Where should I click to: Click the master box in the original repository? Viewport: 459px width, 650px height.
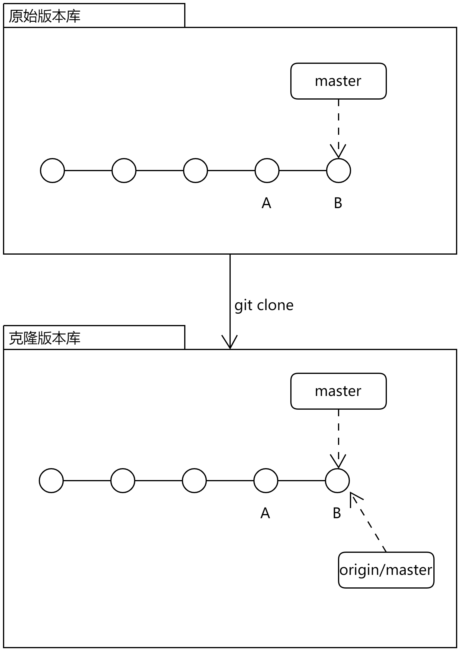coord(338,81)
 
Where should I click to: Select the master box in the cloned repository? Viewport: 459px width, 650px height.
coord(338,391)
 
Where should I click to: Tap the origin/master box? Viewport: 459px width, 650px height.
coord(386,570)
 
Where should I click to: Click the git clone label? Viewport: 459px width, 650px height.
coord(264,305)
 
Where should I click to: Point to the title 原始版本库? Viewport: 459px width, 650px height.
coord(45,16)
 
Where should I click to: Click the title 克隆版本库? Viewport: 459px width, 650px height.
coord(45,338)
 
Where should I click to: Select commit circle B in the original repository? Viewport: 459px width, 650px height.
coord(338,171)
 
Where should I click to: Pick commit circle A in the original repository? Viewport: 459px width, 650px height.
coord(267,171)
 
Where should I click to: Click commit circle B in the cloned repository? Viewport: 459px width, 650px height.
coord(337,480)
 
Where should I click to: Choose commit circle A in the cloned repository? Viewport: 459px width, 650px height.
coord(266,480)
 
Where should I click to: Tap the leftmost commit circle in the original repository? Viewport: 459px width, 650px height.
coord(52,171)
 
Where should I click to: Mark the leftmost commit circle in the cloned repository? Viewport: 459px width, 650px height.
coord(51,480)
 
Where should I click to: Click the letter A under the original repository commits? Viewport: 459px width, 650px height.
coord(266,203)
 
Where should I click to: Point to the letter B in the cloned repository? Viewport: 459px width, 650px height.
coord(337,513)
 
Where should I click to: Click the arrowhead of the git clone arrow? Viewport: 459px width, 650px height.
coord(230,343)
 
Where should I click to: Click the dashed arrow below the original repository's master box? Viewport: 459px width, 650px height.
coord(339,128)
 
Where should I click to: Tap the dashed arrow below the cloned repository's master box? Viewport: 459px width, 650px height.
coord(339,438)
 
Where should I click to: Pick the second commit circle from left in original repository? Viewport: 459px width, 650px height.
coord(124,171)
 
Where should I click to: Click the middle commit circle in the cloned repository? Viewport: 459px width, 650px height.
coord(194,480)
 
